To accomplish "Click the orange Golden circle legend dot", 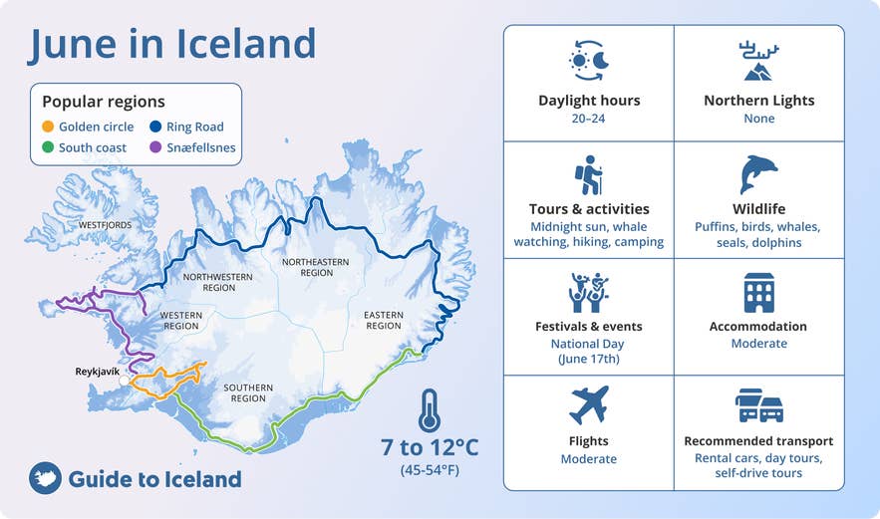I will point(47,128).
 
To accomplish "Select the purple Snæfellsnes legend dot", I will point(155,148).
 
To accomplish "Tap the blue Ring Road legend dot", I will point(155,128).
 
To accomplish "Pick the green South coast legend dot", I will point(47,148).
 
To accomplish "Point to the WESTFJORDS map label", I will point(105,225).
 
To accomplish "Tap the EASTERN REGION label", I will point(383,320).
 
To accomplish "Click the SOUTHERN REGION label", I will point(248,392).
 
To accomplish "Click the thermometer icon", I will point(430,409).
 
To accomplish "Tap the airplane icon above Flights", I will point(588,405).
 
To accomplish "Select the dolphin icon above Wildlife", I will point(758,174).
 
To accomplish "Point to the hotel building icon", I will point(758,292).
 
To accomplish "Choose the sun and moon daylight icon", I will point(588,61).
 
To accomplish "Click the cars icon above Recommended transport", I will point(758,405).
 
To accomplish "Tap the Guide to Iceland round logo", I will point(45,479).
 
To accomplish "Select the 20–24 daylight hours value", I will point(589,119).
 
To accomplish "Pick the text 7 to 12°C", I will point(430,447).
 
